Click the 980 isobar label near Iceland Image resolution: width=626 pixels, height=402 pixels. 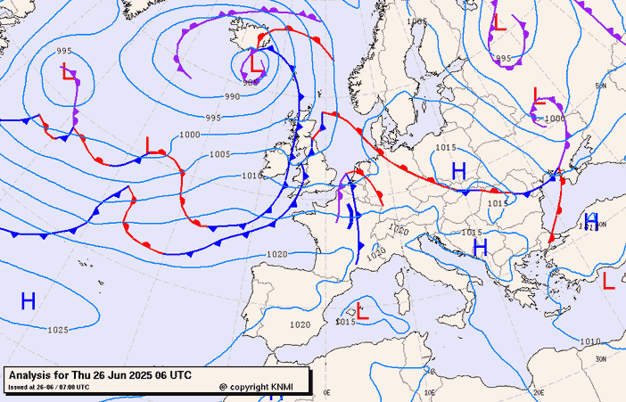pos(251,83)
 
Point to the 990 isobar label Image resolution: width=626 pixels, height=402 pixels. pos(232,96)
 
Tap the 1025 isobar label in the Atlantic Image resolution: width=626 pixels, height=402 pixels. pos(58,330)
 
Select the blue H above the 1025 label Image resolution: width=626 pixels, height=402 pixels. pos(29,301)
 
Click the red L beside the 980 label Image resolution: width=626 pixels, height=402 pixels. pos(257,63)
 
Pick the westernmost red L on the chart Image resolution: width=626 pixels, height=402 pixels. pos(70,72)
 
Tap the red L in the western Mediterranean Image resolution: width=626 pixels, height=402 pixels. pos(362,311)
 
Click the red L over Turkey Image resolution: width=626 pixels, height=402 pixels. pos(609,281)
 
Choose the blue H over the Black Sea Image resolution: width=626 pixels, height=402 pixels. pos(590,219)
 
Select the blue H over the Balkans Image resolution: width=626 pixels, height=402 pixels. pos(480,247)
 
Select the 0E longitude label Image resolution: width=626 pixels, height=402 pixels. pos(326,392)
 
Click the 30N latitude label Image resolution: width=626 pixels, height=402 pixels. pos(600,359)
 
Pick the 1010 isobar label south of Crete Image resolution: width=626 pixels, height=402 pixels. pos(589,340)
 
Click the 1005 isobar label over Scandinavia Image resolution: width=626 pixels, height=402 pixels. pos(416,21)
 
